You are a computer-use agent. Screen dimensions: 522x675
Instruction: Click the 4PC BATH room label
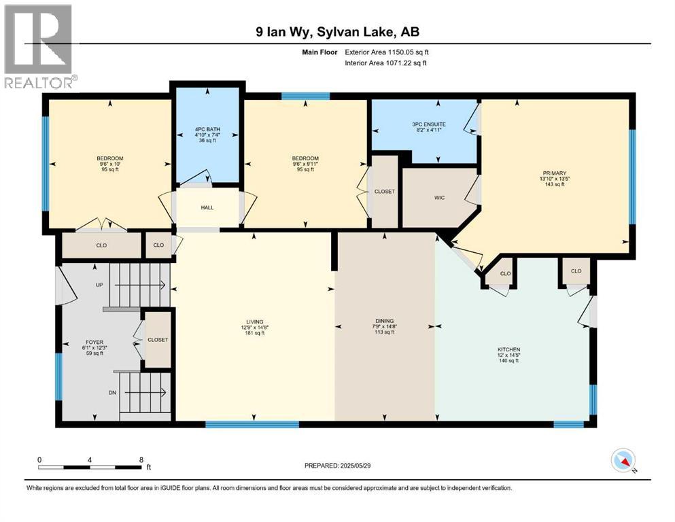(x=207, y=129)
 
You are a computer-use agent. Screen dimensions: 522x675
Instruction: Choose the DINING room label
(x=384, y=321)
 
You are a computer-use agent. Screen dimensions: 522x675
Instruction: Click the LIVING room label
(x=255, y=321)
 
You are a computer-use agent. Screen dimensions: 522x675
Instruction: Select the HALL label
(x=207, y=208)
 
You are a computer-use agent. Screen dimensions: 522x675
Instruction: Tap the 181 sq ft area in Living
(x=255, y=333)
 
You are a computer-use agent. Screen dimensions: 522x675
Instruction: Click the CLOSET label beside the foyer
(x=158, y=339)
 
